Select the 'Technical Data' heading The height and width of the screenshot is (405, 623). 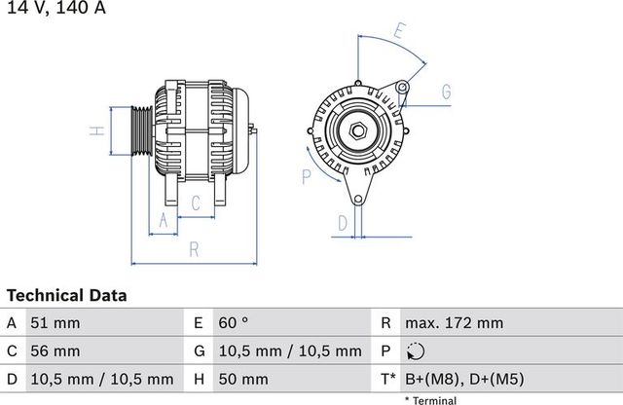[x=66, y=295]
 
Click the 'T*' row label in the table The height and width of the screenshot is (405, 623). [x=386, y=379]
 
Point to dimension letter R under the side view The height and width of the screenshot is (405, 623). [x=194, y=250]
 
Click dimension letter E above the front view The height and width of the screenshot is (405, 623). [x=398, y=31]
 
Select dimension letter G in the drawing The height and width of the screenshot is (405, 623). [x=446, y=92]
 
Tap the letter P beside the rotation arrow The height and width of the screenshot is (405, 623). [x=306, y=176]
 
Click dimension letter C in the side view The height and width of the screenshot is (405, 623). [x=196, y=202]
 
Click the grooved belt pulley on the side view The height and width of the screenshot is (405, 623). [x=138, y=130]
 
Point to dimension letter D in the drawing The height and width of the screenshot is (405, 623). [x=342, y=224]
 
